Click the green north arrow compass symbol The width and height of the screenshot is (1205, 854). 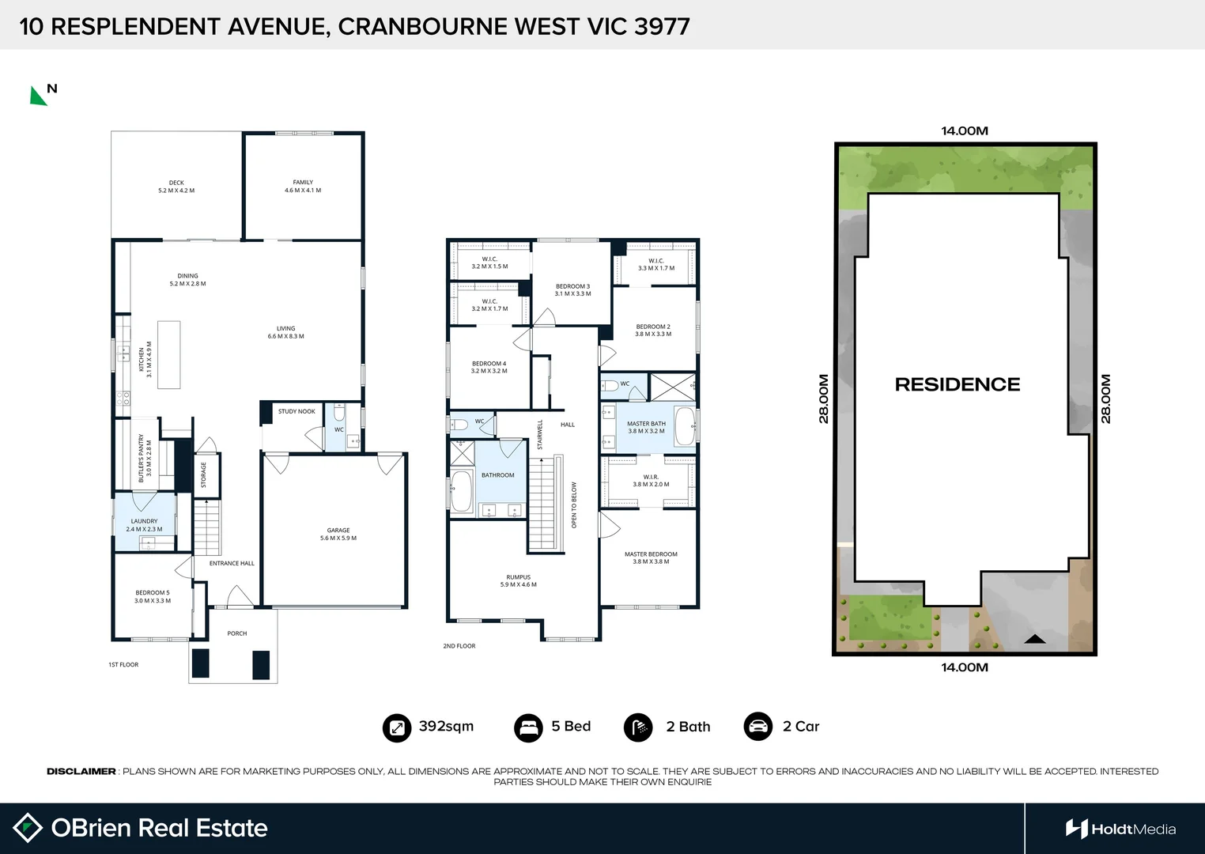(x=38, y=96)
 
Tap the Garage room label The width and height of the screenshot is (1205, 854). (x=338, y=535)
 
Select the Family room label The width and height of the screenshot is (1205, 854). (x=303, y=186)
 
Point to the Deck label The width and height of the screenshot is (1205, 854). (x=176, y=187)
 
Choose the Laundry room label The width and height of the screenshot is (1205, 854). (x=144, y=525)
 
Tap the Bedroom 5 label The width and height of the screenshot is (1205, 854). (x=153, y=596)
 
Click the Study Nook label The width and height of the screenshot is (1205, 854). (x=297, y=411)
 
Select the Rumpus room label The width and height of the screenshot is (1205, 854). (x=519, y=581)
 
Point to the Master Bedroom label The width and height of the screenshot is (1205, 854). (x=651, y=557)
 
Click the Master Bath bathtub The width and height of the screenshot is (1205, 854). (x=685, y=427)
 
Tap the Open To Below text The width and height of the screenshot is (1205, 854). (x=574, y=505)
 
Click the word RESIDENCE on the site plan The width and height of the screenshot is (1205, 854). (x=958, y=384)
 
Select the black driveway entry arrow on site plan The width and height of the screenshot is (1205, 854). (x=1034, y=639)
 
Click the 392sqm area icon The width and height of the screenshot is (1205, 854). (x=396, y=727)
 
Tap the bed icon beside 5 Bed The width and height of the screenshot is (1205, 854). (x=527, y=727)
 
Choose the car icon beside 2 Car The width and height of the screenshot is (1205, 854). (x=757, y=727)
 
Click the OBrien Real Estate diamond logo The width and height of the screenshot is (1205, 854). (x=28, y=828)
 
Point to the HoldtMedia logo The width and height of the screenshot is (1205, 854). (x=1120, y=829)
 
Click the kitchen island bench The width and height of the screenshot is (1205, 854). (x=168, y=354)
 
